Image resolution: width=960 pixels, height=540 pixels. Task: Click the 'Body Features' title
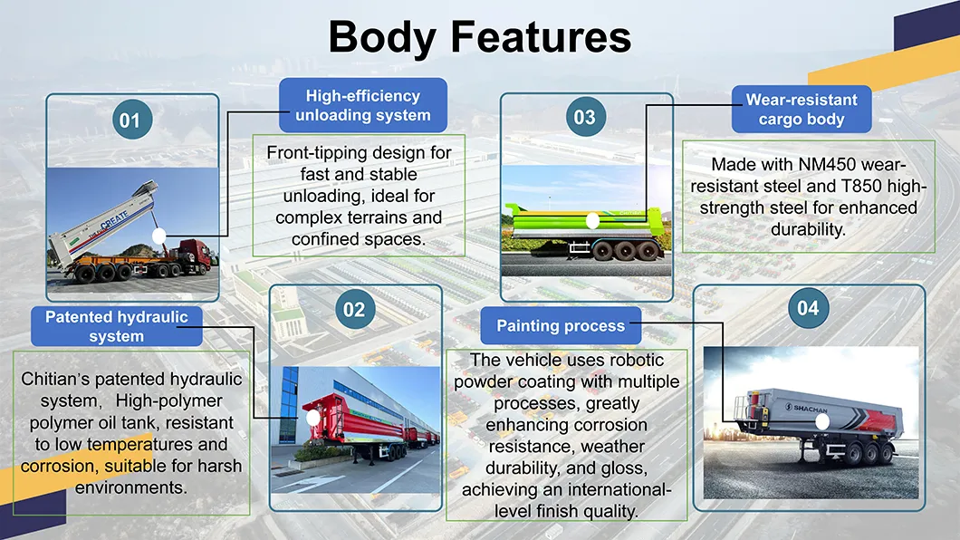479,37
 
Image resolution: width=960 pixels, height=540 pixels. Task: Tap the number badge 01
130,121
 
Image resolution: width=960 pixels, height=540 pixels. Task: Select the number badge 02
354,310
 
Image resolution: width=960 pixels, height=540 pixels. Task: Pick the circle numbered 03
584,117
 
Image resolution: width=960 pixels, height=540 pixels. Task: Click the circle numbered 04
808,309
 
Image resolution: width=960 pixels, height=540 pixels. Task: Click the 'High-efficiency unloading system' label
362,105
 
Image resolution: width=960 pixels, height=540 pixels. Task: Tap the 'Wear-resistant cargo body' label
801,110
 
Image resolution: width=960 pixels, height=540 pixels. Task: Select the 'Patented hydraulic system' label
117,326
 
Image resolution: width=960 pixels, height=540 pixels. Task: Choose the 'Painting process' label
562,325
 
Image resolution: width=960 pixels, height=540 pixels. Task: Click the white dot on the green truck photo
592,220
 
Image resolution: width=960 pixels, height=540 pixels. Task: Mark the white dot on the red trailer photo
313,418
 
